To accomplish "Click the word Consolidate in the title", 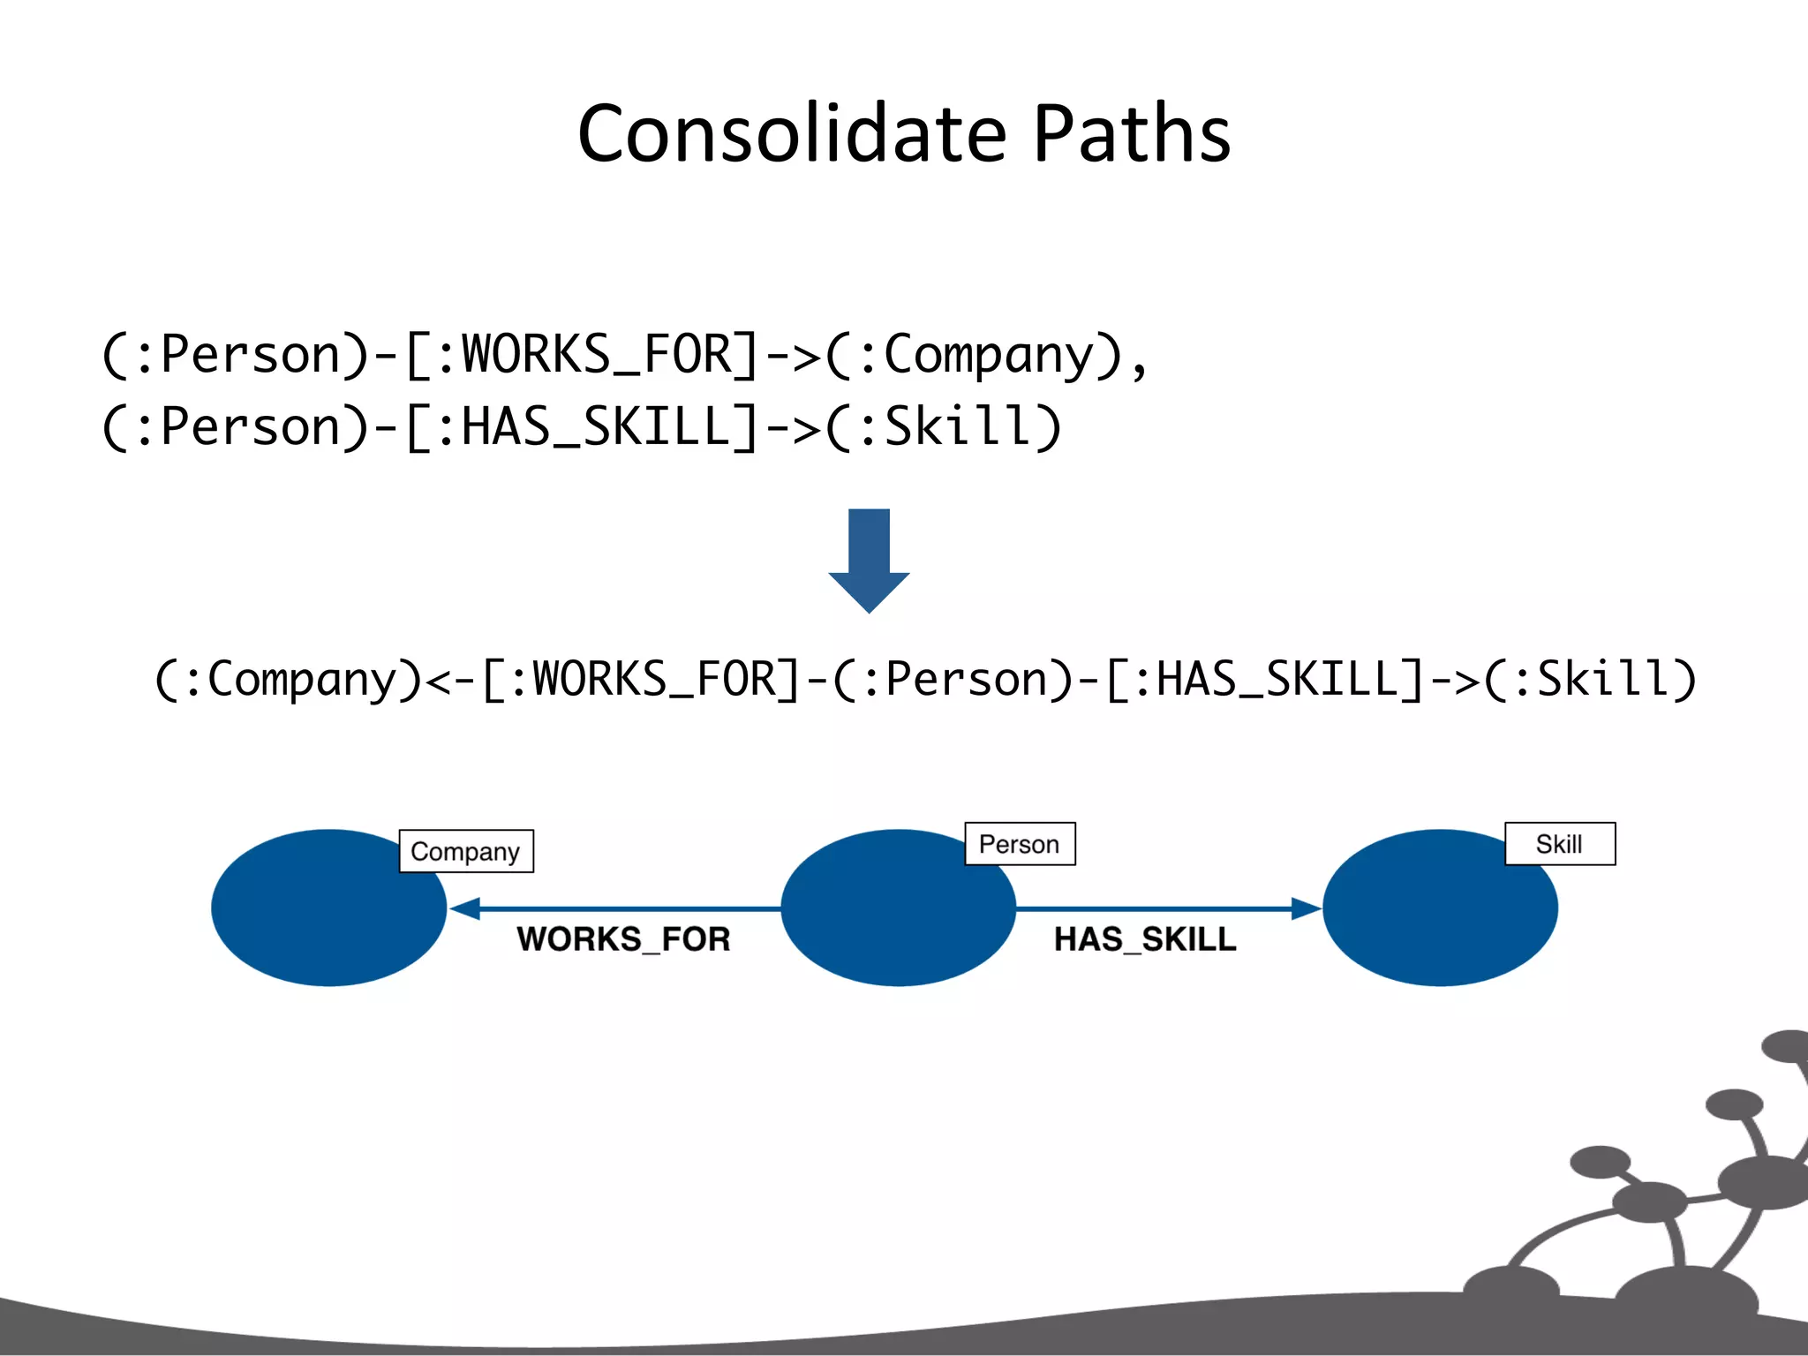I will tap(792, 134).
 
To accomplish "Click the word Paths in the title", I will tap(1132, 134).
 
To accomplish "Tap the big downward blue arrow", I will tap(869, 561).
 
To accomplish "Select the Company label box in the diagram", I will tap(466, 851).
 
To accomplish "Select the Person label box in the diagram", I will tap(1020, 844).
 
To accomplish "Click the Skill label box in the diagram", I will tap(1559, 844).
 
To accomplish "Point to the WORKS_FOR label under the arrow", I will tap(623, 938).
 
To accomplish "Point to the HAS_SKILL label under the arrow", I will tap(1145, 938).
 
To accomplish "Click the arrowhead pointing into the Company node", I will tap(465, 908).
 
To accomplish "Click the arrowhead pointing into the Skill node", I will tap(1305, 908).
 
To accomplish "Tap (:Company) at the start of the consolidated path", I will tap(289, 679).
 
